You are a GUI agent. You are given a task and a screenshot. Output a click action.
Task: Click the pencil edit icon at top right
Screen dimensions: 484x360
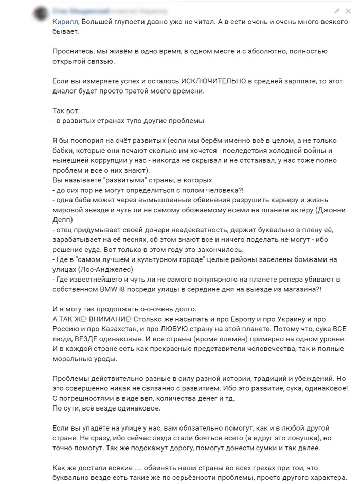(x=337, y=11)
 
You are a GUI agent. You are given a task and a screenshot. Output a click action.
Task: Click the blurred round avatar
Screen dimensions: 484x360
(x=39, y=13)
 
